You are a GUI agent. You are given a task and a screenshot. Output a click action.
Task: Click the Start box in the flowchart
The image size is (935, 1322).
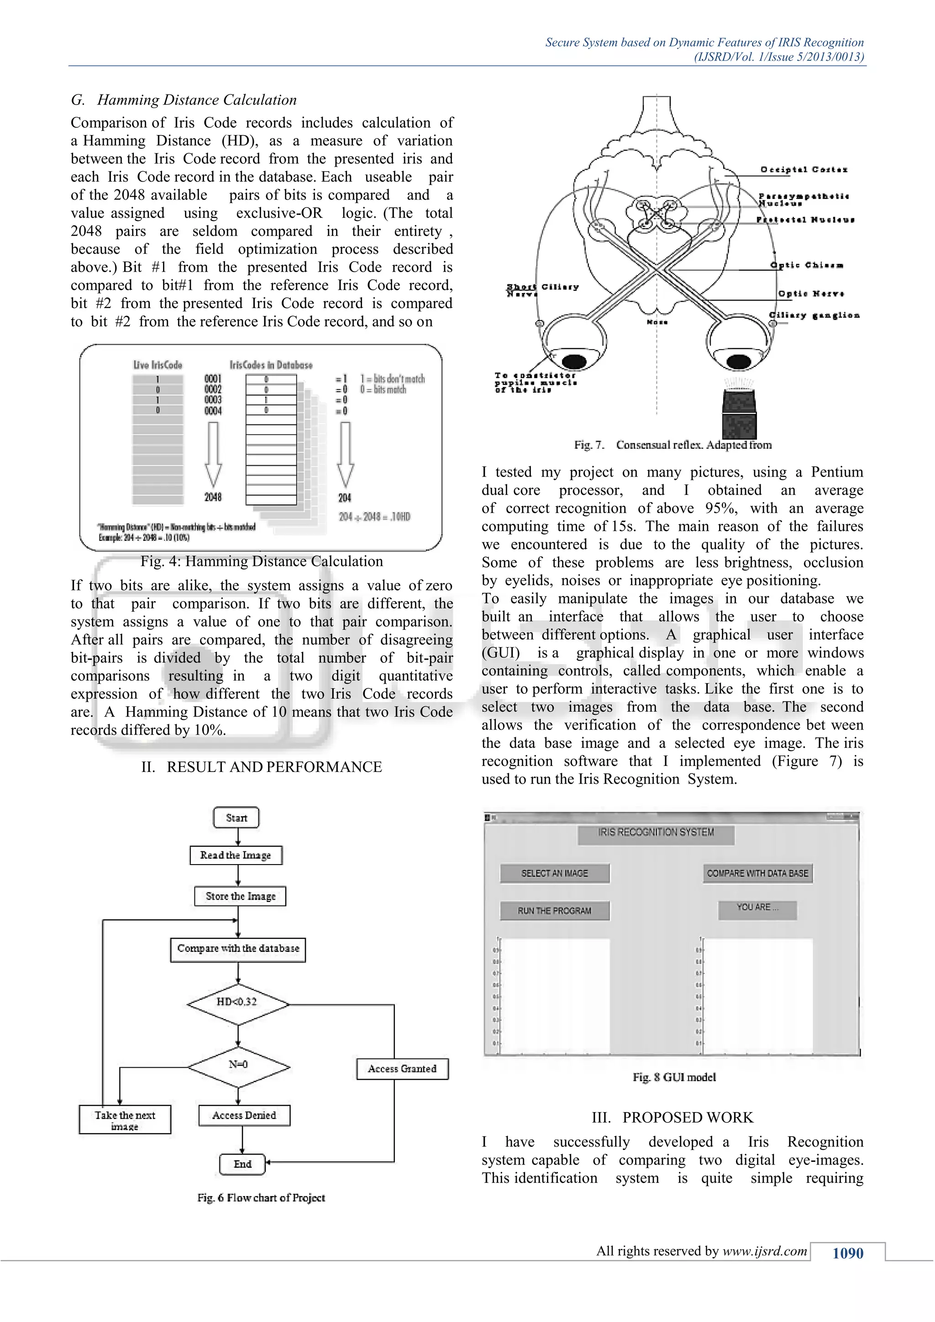(236, 818)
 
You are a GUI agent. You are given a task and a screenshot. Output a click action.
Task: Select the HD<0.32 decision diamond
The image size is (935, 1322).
(237, 1002)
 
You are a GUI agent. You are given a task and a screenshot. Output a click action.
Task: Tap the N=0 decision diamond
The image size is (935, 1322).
(238, 1065)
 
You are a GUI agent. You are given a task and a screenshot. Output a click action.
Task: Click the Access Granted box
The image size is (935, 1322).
(402, 1069)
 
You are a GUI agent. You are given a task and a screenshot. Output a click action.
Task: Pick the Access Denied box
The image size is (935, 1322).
(244, 1115)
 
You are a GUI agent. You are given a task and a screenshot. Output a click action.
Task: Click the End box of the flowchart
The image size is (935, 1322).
(242, 1164)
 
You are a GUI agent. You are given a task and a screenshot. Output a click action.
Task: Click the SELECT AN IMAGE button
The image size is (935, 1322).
(554, 873)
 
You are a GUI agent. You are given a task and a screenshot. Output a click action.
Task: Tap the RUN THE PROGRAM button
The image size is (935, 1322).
(554, 911)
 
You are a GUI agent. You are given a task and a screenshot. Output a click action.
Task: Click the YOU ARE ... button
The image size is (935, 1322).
(757, 908)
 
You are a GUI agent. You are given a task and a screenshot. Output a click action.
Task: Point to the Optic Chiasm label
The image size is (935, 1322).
(807, 265)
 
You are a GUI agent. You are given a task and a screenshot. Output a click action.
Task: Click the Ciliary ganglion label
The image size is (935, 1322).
(814, 315)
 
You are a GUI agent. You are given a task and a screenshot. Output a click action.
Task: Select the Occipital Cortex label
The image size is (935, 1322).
(804, 170)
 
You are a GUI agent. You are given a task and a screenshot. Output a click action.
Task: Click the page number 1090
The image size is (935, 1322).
(847, 1253)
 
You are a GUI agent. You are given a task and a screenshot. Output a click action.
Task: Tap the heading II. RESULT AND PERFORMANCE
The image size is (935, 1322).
(262, 767)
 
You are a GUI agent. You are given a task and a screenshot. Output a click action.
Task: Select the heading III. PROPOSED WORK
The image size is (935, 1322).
(672, 1117)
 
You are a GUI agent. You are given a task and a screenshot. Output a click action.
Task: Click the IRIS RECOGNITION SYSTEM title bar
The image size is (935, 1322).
(656, 833)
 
